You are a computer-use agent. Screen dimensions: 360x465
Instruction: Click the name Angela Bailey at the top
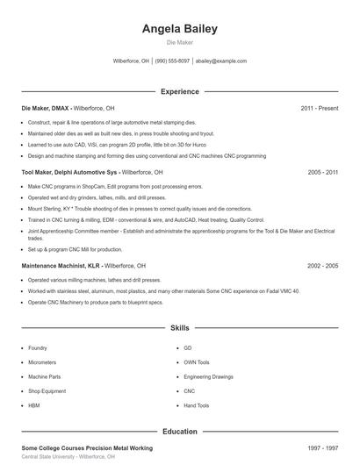(179, 29)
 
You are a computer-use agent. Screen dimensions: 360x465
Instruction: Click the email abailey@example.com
(221, 61)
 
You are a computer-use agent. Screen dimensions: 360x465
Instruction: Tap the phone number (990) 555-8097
(172, 61)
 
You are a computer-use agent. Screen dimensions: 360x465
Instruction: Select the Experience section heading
(179, 91)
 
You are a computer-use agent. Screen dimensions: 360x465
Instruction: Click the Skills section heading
(179, 327)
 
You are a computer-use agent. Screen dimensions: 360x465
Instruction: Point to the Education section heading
(179, 431)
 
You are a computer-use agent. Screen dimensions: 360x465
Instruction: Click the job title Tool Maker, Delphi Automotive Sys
(70, 173)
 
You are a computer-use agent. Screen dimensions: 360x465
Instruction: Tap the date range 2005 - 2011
(322, 173)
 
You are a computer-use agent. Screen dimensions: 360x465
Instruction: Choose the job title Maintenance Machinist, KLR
(61, 265)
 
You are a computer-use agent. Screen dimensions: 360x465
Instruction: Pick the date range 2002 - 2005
(322, 265)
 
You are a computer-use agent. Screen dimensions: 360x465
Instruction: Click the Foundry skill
(38, 347)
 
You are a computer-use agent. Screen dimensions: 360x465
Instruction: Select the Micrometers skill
(42, 361)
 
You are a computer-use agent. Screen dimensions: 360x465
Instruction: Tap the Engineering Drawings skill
(208, 376)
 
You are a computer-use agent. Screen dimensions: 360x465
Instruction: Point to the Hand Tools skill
(196, 405)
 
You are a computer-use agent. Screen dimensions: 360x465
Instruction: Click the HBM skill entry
(34, 405)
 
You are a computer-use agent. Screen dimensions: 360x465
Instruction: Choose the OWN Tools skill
(197, 361)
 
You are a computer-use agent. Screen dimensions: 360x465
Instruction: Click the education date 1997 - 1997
(322, 447)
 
